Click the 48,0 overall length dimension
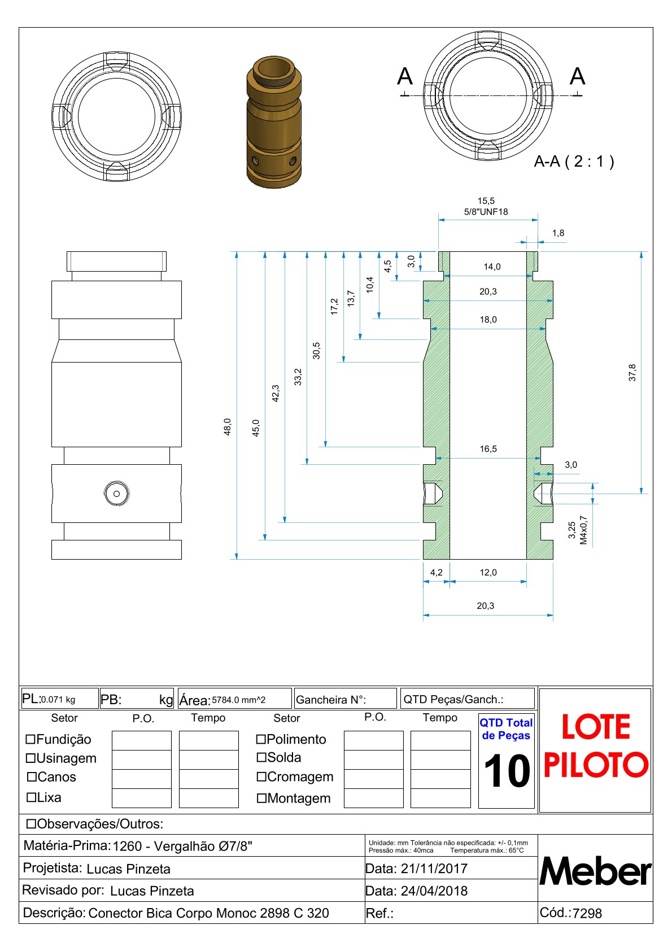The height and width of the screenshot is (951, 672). [x=228, y=427]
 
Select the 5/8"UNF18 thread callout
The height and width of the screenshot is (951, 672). [x=486, y=212]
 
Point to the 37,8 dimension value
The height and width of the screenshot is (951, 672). [x=632, y=373]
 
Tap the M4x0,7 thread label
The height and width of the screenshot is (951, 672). [x=583, y=530]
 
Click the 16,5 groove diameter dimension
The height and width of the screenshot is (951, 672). [x=488, y=449]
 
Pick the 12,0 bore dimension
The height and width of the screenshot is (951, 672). [x=488, y=572]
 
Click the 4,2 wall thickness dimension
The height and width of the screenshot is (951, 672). [x=437, y=572]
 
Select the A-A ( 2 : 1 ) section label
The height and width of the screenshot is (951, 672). [x=574, y=162]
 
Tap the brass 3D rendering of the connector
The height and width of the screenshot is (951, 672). [x=274, y=122]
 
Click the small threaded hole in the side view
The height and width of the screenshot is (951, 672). [x=116, y=494]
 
